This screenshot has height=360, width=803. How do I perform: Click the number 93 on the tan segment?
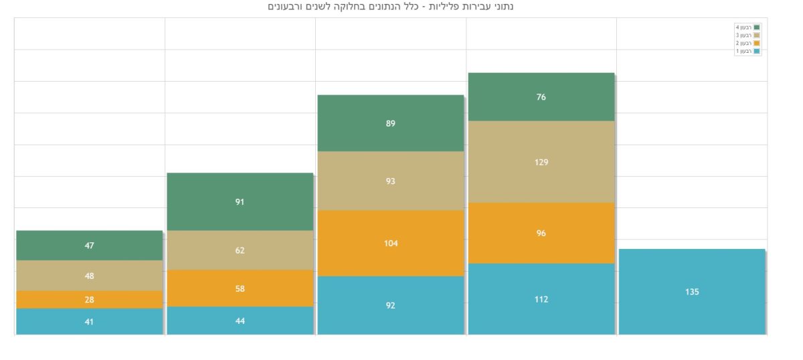[390, 181]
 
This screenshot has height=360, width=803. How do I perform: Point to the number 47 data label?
[89, 246]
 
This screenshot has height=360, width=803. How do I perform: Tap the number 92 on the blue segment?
[390, 306]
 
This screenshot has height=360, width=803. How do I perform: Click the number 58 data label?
[240, 289]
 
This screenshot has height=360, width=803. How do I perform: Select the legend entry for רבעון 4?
[747, 27]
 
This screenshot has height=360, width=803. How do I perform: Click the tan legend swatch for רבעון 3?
[757, 35]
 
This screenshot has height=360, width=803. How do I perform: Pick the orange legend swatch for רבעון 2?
[757, 43]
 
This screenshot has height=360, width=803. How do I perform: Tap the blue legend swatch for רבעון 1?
[757, 51]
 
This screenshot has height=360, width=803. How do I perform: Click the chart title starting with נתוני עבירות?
[390, 7]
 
